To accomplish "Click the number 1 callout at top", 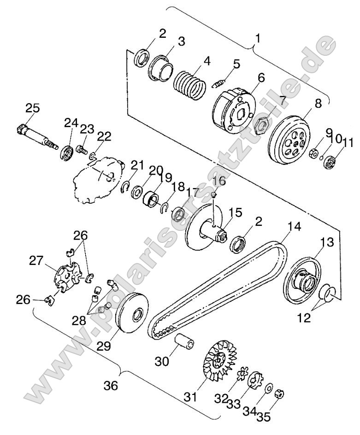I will click(258, 38).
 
